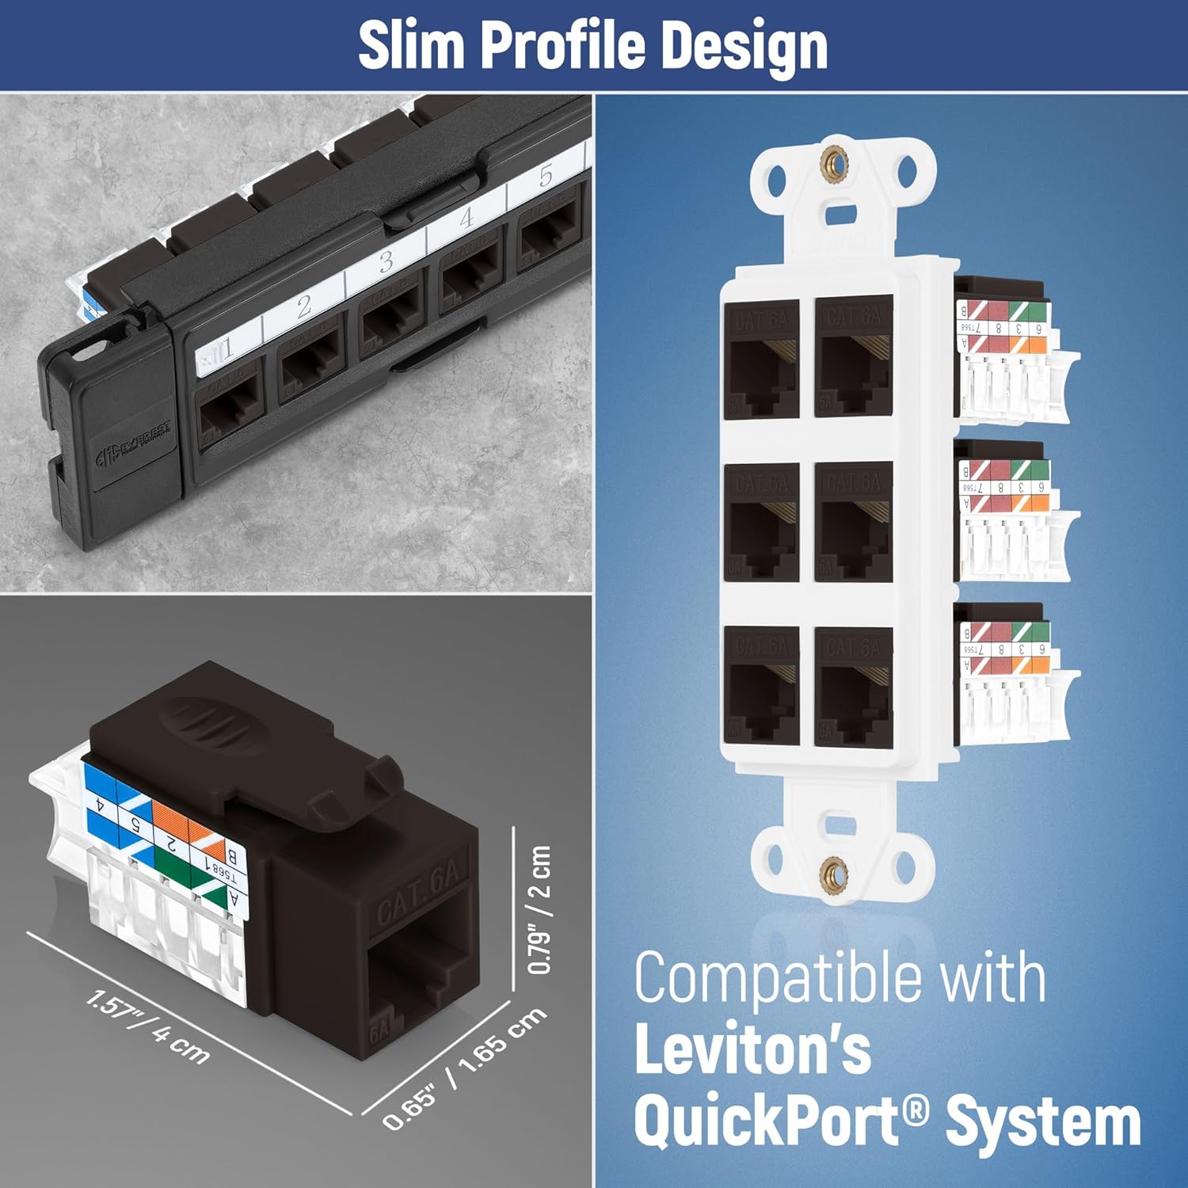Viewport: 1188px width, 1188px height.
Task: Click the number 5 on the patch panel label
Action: pyautogui.click(x=546, y=176)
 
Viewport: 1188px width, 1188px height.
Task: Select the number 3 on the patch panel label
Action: pyautogui.click(x=386, y=261)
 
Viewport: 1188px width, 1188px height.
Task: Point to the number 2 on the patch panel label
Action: pyautogui.click(x=305, y=307)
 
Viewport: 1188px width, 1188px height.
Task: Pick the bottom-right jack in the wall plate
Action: pyautogui.click(x=853, y=686)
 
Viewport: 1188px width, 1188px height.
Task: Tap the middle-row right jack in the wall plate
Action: pyautogui.click(x=853, y=521)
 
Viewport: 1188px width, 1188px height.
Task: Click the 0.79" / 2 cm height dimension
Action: pyautogui.click(x=539, y=909)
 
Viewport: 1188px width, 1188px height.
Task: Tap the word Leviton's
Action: pyautogui.click(x=752, y=1049)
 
